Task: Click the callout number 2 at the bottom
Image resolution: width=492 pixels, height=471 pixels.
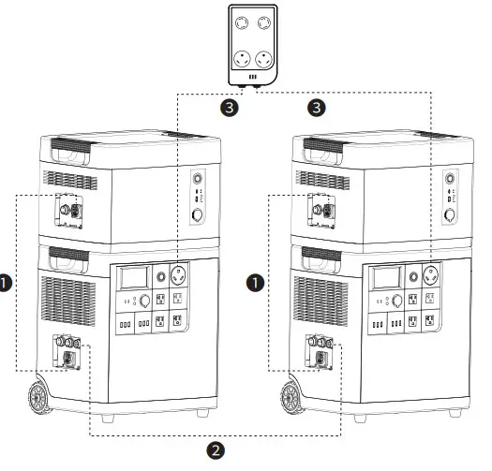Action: click(216, 451)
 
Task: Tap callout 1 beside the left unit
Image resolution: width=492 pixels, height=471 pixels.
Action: click(7, 280)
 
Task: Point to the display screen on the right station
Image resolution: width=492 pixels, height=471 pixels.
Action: click(387, 277)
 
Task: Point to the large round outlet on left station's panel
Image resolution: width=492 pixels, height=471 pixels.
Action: click(178, 277)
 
